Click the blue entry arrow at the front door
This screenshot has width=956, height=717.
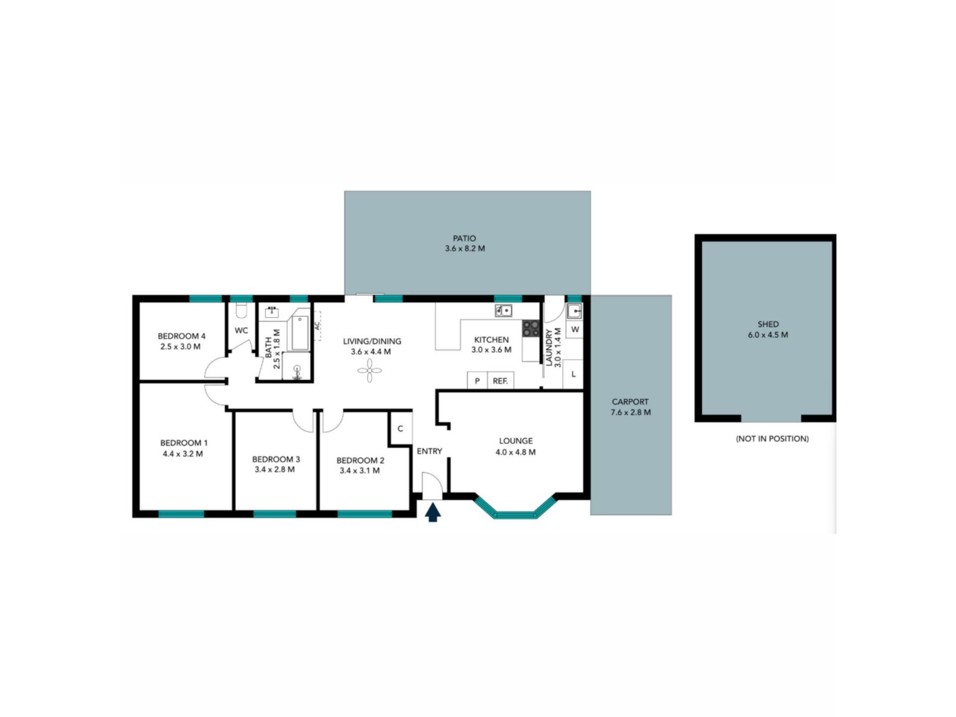point(433,512)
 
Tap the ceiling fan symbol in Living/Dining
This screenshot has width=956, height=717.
point(370,370)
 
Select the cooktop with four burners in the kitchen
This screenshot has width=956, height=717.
point(531,328)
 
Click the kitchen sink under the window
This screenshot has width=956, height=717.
point(503,311)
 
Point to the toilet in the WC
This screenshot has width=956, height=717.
point(241,311)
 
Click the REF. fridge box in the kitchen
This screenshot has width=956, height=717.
point(500,381)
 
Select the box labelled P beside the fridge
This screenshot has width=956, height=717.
point(477,381)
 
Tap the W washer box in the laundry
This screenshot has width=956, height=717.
point(575,330)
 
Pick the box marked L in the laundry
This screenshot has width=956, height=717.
point(573,374)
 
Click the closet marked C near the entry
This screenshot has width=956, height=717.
point(401,428)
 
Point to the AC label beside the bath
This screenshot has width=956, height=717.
point(317,326)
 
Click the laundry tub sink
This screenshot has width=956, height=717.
point(575,311)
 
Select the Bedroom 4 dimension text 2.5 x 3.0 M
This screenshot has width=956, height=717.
point(180,347)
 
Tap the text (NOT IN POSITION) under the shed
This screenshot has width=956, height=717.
point(772,439)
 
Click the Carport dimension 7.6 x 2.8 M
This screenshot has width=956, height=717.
point(630,412)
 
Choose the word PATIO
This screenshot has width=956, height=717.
point(465,239)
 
